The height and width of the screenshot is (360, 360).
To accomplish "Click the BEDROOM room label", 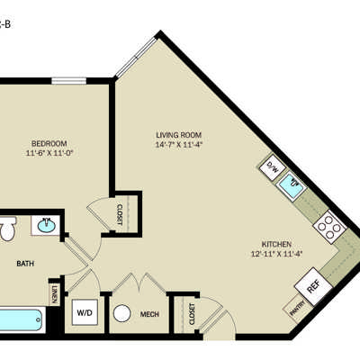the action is pos(49,143).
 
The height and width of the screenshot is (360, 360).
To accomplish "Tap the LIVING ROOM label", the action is pos(178,135).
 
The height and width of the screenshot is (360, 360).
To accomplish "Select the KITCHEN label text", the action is pos(276,244).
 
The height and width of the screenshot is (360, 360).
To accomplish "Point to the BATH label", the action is pos(25,264).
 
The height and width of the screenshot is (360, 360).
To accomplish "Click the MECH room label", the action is pos(149,314).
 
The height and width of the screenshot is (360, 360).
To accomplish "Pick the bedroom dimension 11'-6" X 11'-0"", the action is pos(49,153).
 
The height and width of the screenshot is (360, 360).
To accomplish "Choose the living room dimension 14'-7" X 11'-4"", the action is pos(179,145).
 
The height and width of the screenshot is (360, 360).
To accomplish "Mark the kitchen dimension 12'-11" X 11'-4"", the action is pos(276,254).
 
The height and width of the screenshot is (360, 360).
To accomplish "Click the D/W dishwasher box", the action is pos(273,167).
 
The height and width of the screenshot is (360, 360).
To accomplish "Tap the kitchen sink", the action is pos(292,184).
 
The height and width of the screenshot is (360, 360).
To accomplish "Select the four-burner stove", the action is pos(329,227).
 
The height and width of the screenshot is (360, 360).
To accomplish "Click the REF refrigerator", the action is pos(313,286).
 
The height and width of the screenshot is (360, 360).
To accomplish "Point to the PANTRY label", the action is pos(297,308).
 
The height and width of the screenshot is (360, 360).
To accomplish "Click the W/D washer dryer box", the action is pos(85,312).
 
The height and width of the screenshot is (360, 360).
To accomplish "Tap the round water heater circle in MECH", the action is pos(122,313).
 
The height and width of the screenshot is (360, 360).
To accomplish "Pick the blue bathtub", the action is pos(21,320).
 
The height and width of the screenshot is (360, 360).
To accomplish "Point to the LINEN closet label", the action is pos(54,294).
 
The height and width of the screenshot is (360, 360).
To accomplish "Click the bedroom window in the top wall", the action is pos(68,81).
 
